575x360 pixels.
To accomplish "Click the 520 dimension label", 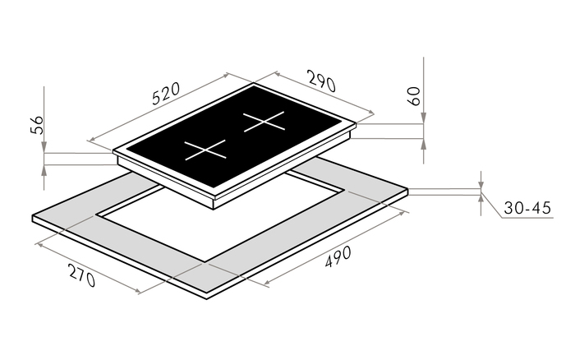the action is [x=166, y=94].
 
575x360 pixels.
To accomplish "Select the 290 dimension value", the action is [x=322, y=81].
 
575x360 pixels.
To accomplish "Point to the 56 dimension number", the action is [x=37, y=125].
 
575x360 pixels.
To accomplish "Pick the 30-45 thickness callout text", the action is [x=527, y=208].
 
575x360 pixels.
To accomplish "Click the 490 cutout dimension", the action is [x=338, y=256].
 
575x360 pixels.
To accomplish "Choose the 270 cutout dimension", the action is [x=81, y=275].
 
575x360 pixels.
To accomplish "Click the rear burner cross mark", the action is [x=264, y=121].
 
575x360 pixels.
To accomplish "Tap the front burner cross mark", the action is [x=205, y=150].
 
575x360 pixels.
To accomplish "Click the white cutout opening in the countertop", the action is [x=220, y=216].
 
